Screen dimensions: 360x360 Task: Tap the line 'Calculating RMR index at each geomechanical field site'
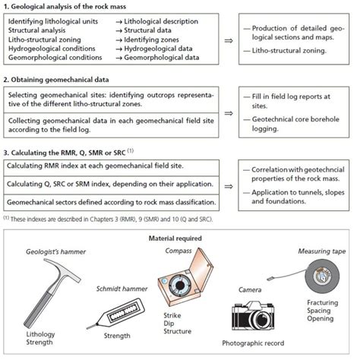pos(99,166)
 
